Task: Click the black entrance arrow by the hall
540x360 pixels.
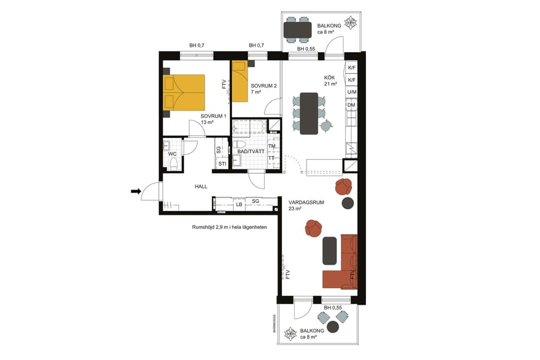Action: [x=136, y=191]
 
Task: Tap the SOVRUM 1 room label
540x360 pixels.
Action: [x=213, y=119]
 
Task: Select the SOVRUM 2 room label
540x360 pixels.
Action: [x=264, y=89]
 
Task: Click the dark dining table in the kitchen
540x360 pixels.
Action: [x=310, y=113]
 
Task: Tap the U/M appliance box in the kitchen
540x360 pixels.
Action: [x=352, y=92]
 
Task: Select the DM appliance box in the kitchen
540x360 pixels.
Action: [x=352, y=106]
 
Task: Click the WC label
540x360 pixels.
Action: [x=172, y=154]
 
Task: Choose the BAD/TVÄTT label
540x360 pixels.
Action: [x=250, y=152]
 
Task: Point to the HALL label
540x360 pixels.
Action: [x=201, y=187]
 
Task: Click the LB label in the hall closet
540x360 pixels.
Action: [x=239, y=205]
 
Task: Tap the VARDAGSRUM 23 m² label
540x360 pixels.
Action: [x=306, y=206]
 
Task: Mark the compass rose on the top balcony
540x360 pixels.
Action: [x=350, y=26]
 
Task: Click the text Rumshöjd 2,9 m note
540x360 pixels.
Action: [x=229, y=227]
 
